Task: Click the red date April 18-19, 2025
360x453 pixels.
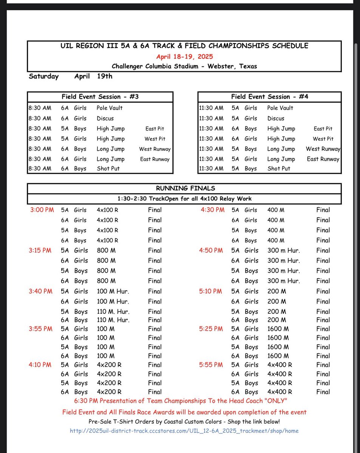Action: pyautogui.click(x=184, y=57)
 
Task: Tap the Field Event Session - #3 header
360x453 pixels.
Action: pyautogui.click(x=100, y=97)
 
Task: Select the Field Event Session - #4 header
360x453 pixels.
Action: pyautogui.click(x=270, y=97)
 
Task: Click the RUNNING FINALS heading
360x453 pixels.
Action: pyautogui.click(x=184, y=188)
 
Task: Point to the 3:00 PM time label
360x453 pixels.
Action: pyautogui.click(x=42, y=210)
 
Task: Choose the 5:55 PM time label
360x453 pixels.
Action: pyautogui.click(x=212, y=365)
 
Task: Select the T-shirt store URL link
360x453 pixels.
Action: pyautogui.click(x=184, y=431)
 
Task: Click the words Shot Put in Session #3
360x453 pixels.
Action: pyautogui.click(x=108, y=169)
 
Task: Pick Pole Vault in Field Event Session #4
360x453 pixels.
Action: pyautogui.click(x=280, y=108)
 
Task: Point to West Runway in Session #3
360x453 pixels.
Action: pyautogui.click(x=155, y=149)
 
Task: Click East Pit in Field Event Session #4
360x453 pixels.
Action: pyautogui.click(x=323, y=129)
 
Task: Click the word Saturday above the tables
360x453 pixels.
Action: pyautogui.click(x=44, y=76)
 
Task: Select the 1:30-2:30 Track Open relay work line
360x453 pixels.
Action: pyautogui.click(x=184, y=199)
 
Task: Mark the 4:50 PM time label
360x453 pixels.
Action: pyautogui.click(x=212, y=250)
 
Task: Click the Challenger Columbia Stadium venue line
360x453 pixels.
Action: pyautogui.click(x=184, y=66)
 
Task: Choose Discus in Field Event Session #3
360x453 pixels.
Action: pyautogui.click(x=105, y=118)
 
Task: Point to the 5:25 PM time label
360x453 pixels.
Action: pyautogui.click(x=212, y=329)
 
